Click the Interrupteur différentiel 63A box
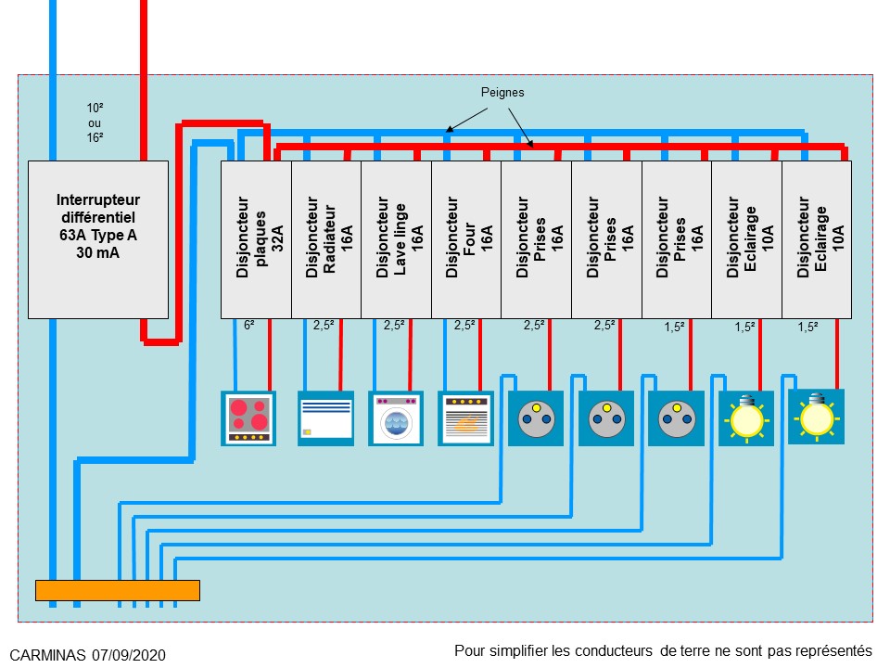(97, 239)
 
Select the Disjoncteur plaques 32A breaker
(256, 239)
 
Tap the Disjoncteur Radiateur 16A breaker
(326, 239)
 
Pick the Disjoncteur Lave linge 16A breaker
(396, 239)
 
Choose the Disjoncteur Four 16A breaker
(466, 239)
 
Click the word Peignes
(502, 93)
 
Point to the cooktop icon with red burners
(248, 417)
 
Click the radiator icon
(325, 418)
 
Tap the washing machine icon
(396, 418)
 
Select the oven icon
(465, 418)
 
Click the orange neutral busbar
(118, 590)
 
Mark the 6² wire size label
(249, 326)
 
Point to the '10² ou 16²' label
(95, 122)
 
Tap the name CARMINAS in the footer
(48, 654)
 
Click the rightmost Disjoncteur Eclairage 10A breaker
(817, 239)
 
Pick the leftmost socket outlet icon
(536, 418)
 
